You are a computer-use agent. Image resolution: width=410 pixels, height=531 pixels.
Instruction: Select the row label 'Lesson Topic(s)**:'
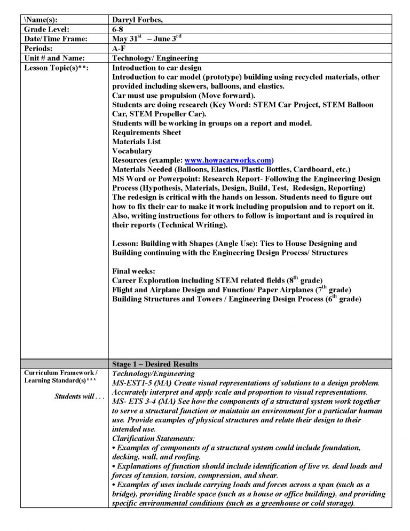pyautogui.click(x=56, y=68)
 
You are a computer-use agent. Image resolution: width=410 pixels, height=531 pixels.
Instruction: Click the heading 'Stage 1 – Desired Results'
pyautogui.click(x=155, y=364)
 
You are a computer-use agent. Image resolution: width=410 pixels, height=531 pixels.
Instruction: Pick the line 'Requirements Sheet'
pyautogui.click(x=146, y=132)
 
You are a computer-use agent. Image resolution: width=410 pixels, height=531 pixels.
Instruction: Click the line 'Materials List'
pyautogui.click(x=136, y=142)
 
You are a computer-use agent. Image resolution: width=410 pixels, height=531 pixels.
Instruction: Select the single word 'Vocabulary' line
pyautogui.click(x=132, y=151)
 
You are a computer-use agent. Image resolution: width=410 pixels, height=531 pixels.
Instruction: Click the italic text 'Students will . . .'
pyautogui.click(x=78, y=396)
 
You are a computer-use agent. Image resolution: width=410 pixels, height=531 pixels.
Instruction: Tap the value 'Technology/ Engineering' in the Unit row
pyautogui.click(x=155, y=58)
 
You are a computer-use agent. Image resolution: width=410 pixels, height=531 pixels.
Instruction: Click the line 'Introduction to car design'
pyautogui.click(x=157, y=68)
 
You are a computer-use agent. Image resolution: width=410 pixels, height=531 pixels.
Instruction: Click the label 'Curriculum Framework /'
pyautogui.click(x=59, y=372)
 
